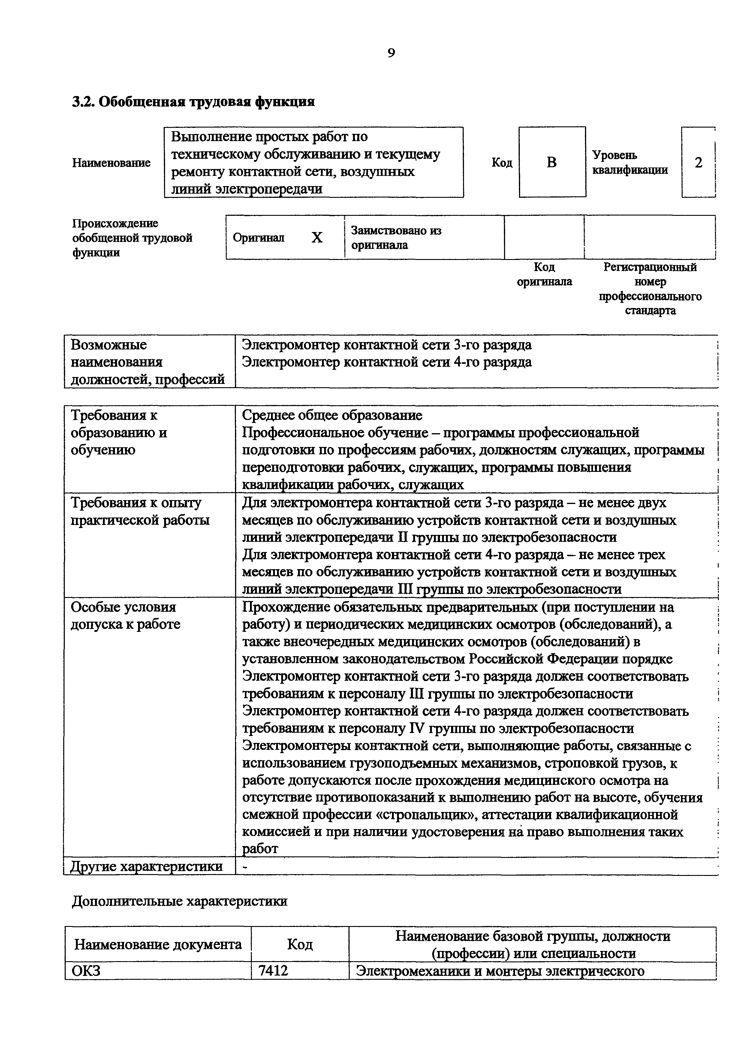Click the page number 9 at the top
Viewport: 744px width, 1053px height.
pyautogui.click(x=391, y=53)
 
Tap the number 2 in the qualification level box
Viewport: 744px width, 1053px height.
pyautogui.click(x=698, y=162)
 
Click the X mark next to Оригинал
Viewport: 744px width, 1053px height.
pyautogui.click(x=317, y=237)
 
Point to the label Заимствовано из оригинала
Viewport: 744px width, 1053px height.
pyautogui.click(x=396, y=237)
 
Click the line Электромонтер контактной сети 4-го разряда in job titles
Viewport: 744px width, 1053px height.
pyautogui.click(x=387, y=362)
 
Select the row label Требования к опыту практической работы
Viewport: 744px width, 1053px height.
pyautogui.click(x=140, y=512)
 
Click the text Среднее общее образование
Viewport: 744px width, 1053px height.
pyautogui.click(x=332, y=415)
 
